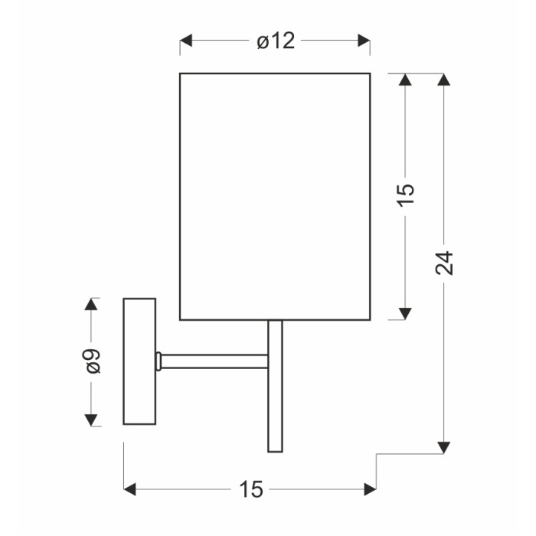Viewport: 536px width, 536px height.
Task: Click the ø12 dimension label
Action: click(276, 41)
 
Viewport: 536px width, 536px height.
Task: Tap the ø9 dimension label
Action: click(93, 361)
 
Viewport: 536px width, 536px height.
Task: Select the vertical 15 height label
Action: click(405, 194)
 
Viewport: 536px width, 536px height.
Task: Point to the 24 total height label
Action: click(443, 263)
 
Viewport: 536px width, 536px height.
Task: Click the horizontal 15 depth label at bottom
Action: click(251, 489)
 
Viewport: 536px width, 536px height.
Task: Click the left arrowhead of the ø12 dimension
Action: click(186, 41)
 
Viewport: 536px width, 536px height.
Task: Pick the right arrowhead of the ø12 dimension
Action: click(364, 41)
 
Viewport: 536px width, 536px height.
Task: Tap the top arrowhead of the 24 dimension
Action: click(443, 80)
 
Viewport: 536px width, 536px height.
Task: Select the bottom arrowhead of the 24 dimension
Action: click(443, 447)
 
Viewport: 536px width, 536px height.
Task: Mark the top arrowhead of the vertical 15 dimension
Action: click(405, 80)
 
